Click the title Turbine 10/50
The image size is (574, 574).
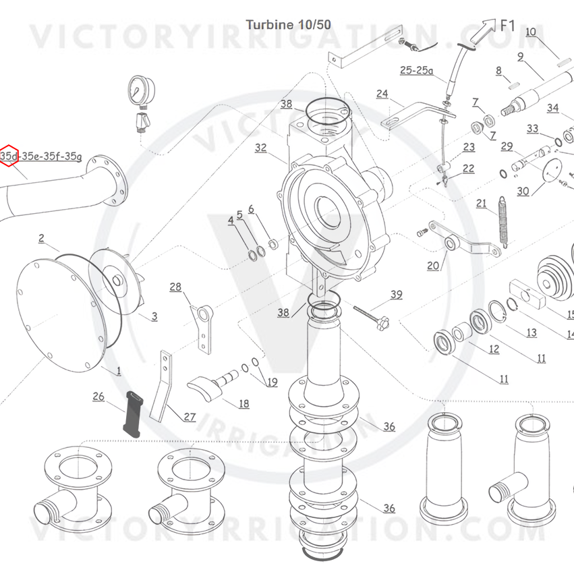[289, 25]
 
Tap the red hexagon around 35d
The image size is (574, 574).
[9, 156]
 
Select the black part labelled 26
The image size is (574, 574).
[133, 414]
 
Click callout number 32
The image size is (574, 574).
[260, 148]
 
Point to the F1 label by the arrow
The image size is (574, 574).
[507, 26]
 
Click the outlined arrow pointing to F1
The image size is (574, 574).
[482, 32]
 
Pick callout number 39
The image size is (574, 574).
[397, 295]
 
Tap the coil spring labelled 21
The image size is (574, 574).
[503, 222]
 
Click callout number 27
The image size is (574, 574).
[190, 417]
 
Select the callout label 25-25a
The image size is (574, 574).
[417, 70]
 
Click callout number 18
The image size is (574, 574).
[243, 403]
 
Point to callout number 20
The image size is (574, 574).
[433, 265]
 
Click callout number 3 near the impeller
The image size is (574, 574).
[154, 316]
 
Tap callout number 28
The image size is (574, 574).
[175, 287]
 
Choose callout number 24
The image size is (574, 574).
[382, 94]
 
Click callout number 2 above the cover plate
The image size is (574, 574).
[41, 238]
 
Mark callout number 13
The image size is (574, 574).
[532, 333]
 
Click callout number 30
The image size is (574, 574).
[523, 191]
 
